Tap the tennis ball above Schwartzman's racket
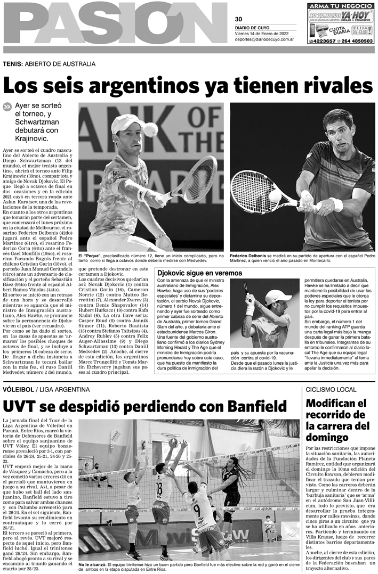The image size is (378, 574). click(x=150, y=129)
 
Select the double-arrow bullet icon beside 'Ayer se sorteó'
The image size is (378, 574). click(x=7, y=106)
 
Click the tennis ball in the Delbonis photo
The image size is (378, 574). click(x=275, y=195)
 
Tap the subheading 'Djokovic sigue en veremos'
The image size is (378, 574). click(x=199, y=273)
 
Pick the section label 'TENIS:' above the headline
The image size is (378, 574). click(x=12, y=64)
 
